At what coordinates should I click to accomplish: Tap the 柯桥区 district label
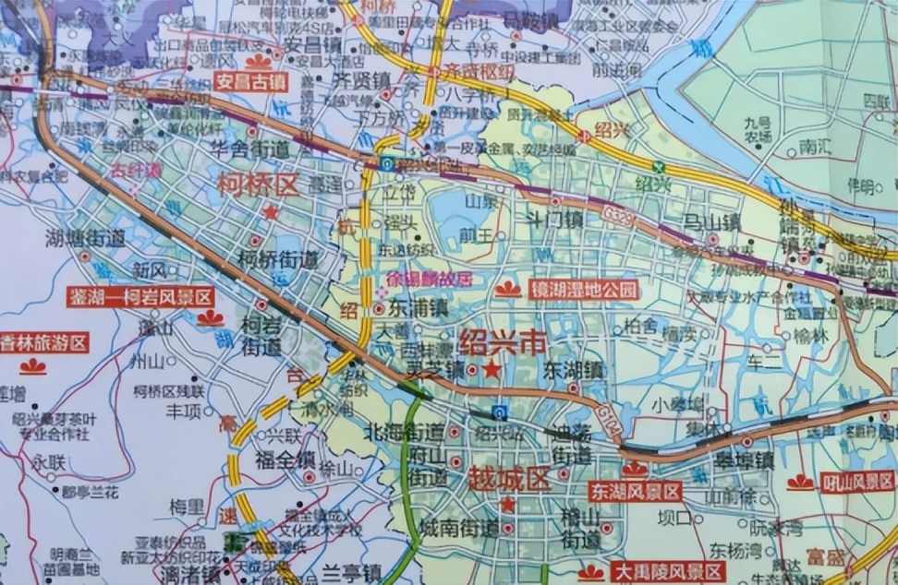(x=259, y=185)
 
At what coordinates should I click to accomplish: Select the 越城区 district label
(x=509, y=480)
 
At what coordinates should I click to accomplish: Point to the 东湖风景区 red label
(x=635, y=492)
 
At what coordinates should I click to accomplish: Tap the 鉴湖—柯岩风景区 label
(x=140, y=297)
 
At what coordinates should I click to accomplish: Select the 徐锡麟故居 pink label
(x=428, y=278)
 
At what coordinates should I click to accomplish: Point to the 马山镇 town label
(x=712, y=222)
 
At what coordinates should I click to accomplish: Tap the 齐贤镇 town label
(x=360, y=80)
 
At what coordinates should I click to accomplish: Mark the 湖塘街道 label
(x=85, y=238)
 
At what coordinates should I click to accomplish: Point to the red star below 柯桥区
(x=270, y=212)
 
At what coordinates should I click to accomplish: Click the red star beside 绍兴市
(x=492, y=370)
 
